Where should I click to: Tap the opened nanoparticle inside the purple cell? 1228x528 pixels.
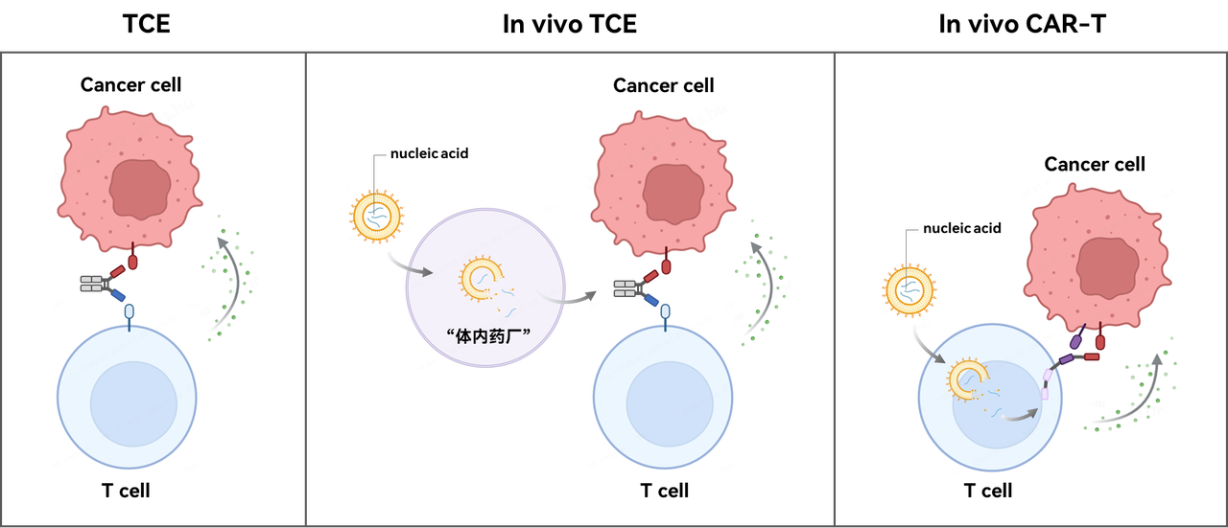tap(480, 279)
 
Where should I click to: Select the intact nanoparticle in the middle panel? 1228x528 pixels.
tap(376, 216)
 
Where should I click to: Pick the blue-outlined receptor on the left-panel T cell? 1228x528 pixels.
tap(130, 312)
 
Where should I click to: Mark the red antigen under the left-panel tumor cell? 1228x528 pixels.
tap(132, 261)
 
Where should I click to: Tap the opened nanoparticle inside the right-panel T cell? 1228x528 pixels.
tap(967, 379)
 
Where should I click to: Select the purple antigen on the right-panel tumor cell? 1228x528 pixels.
tap(1077, 338)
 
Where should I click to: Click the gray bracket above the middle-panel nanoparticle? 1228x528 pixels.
tap(379, 155)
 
